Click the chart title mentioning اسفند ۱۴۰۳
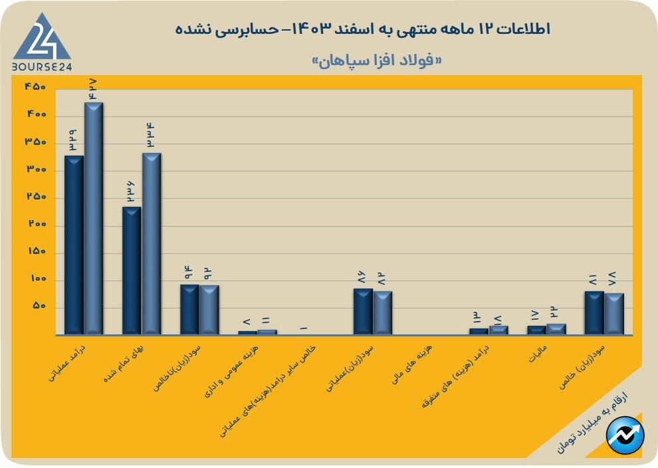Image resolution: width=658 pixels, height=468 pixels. [363, 29]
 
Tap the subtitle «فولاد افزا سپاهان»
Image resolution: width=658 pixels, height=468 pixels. [377, 60]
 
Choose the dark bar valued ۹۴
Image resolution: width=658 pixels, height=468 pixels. [189, 309]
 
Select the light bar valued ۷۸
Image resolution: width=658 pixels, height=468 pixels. [614, 314]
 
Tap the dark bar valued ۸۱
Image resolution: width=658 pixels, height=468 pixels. [594, 312]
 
